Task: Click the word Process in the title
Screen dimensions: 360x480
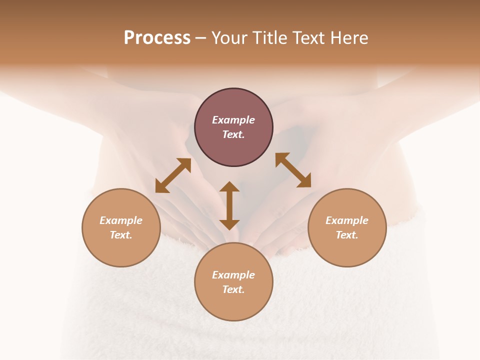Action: [157, 38]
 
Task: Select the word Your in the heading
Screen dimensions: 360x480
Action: [228, 38]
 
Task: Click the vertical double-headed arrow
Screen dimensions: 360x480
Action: [229, 205]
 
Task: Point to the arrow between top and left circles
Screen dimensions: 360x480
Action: [173, 175]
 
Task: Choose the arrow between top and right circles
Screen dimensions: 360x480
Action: [293, 170]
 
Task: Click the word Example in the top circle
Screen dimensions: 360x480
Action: [233, 120]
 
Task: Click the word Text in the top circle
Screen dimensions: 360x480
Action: [233, 134]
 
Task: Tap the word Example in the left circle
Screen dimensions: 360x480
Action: [121, 220]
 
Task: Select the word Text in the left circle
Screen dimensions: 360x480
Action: [121, 235]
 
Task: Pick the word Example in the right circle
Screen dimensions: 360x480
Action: [347, 220]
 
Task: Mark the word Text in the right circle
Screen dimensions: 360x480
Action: [347, 235]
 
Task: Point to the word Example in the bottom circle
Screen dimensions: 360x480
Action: [233, 275]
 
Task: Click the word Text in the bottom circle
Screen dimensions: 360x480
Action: [233, 289]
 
